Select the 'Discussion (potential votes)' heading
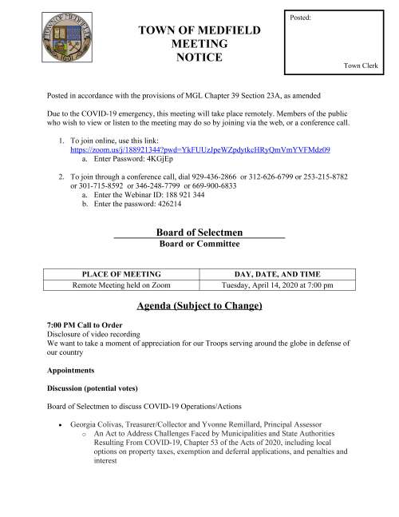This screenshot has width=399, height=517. (100, 388)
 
